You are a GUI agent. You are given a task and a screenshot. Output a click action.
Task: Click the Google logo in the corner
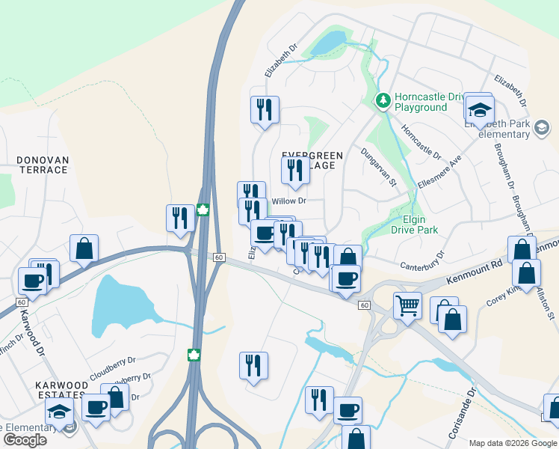25,440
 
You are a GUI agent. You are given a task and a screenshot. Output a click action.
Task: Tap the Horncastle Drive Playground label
420,102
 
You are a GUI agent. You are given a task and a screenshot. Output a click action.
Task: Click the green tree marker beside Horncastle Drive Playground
383,100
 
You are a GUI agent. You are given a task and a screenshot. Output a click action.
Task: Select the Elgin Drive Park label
414,225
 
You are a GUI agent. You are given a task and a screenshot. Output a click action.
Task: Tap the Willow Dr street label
289,201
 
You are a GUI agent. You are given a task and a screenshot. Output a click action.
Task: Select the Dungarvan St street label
378,167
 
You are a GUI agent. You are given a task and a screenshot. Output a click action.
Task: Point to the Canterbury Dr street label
422,260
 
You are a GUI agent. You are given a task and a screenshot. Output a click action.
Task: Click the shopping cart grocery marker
407,305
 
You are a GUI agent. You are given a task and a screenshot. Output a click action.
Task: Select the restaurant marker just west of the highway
180,218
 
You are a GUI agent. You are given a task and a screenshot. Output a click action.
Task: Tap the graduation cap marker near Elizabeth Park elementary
478,110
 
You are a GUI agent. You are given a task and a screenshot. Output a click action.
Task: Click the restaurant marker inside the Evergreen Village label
295,170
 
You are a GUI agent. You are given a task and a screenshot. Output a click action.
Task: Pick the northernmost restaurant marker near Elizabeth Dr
265,110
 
